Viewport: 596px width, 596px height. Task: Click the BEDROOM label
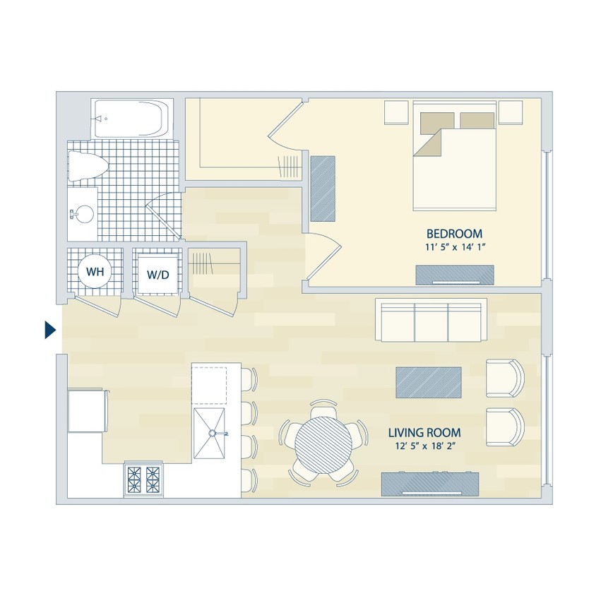(x=454, y=234)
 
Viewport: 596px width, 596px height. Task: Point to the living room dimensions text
(x=429, y=446)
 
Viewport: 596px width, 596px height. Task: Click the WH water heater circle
(x=94, y=271)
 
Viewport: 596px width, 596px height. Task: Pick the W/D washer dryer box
(x=157, y=274)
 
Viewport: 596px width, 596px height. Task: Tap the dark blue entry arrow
(x=50, y=330)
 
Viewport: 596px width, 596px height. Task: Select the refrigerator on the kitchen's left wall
(x=88, y=411)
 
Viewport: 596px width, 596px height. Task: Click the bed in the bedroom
(x=455, y=158)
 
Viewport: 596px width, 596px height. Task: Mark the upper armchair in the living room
(x=505, y=378)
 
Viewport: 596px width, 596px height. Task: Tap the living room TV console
(x=431, y=483)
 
